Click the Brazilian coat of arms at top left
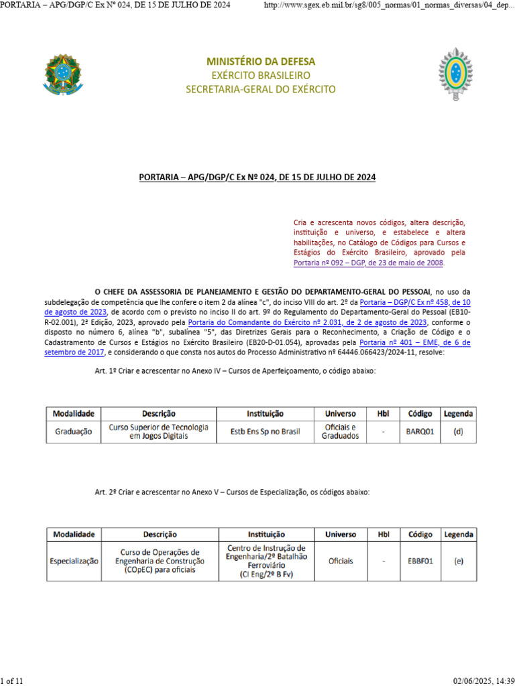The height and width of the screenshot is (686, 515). pos(63,73)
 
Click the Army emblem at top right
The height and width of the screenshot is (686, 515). pos(456,73)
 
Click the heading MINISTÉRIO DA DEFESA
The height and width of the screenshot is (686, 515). pos(261,62)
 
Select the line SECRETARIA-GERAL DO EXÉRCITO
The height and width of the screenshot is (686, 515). pos(261,89)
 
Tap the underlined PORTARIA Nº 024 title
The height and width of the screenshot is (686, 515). pos(257,177)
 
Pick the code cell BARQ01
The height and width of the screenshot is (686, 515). pos(420,431)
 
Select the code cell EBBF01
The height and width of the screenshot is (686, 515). pos(420,561)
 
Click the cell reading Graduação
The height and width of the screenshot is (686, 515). pos(73,431)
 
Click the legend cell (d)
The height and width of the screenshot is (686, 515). pos(458,431)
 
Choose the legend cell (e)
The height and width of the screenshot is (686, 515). pos(459,561)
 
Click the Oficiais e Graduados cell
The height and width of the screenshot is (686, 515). pos(340,431)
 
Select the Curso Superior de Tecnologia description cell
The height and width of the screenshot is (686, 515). pos(159,431)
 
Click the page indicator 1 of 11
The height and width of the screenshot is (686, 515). pos(12,681)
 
